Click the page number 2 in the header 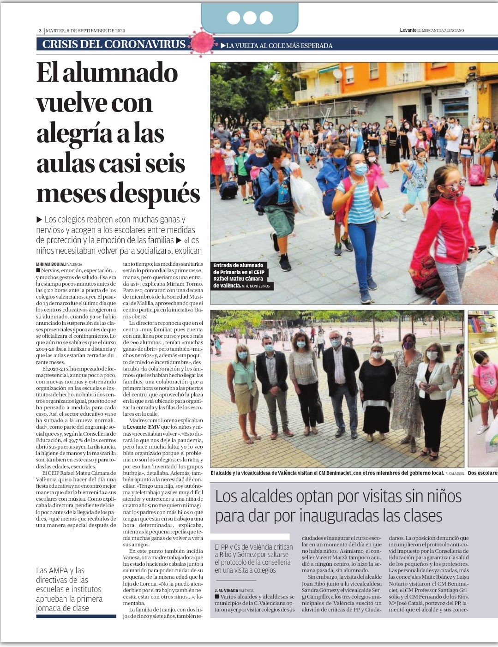click(x=40, y=31)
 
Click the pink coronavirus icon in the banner click(x=202, y=42)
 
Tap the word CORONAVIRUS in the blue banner click(x=150, y=44)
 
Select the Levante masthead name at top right click(x=408, y=30)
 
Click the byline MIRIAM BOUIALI click(x=51, y=264)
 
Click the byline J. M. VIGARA click(x=227, y=590)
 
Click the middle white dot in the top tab click(x=250, y=18)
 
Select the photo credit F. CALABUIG click(x=455, y=473)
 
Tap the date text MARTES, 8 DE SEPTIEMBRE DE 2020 click(x=85, y=31)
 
